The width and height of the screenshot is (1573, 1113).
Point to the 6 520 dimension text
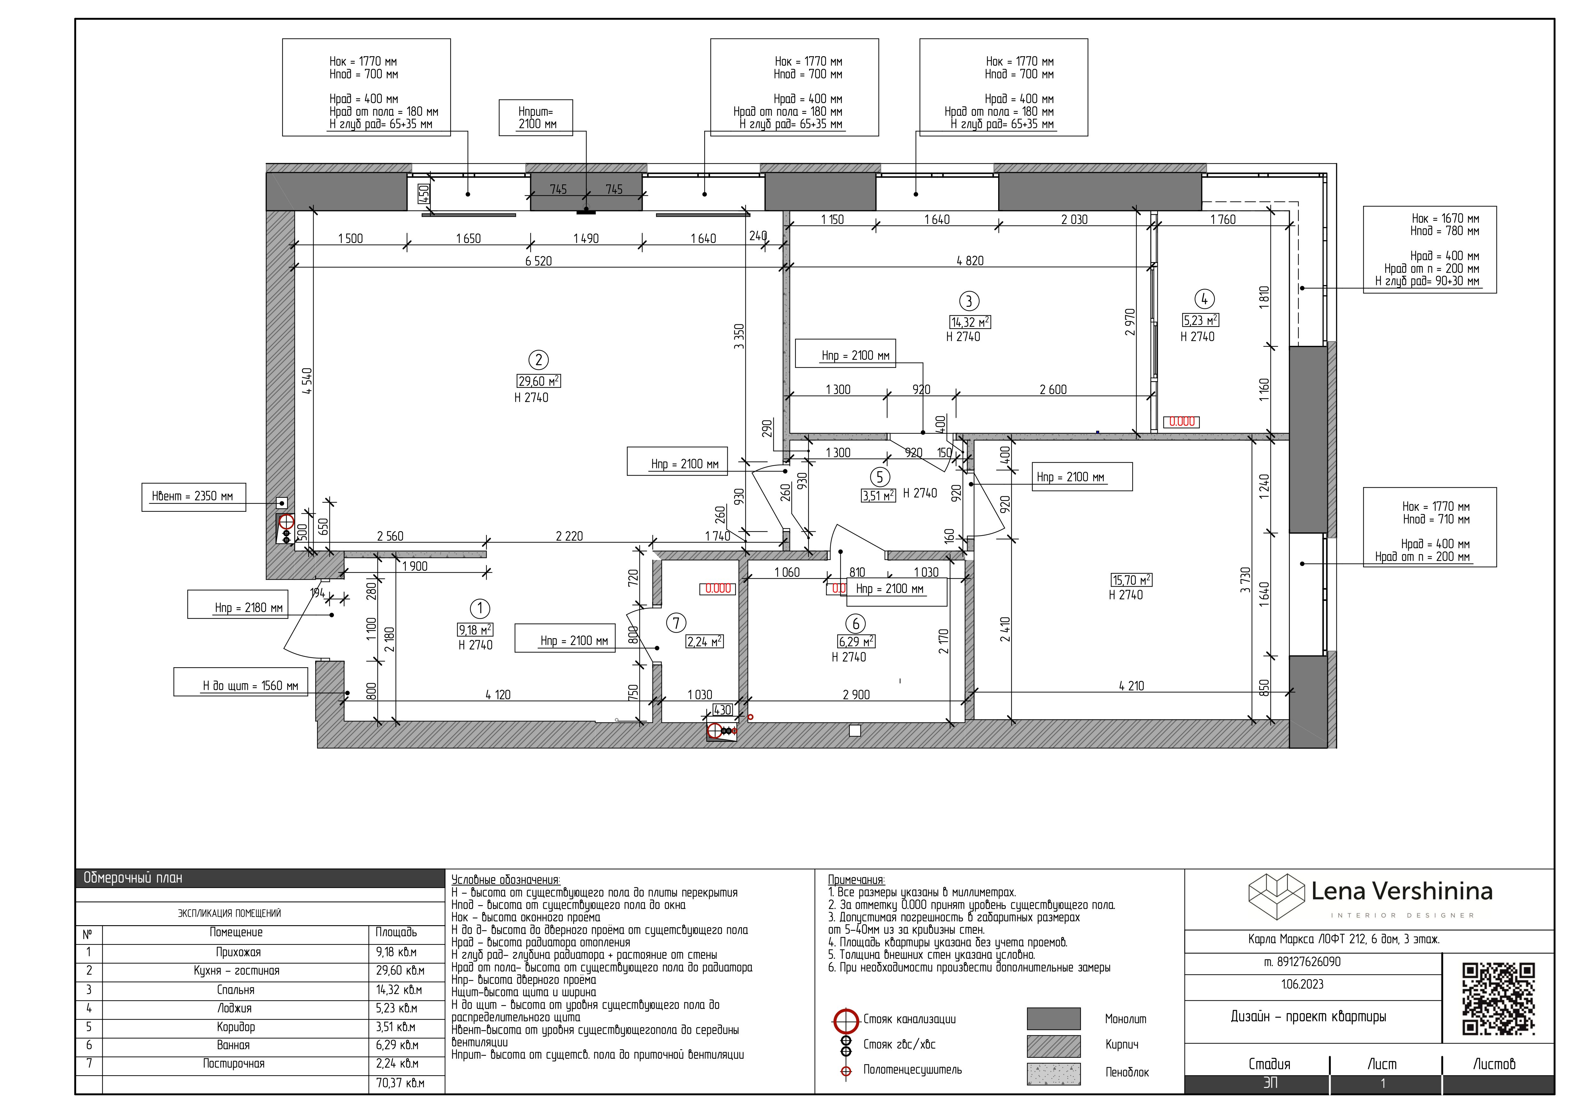538,261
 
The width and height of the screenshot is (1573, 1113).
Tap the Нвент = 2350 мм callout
193,497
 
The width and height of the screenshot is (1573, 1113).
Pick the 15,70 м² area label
1132,581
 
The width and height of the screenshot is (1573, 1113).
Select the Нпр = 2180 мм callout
238,604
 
